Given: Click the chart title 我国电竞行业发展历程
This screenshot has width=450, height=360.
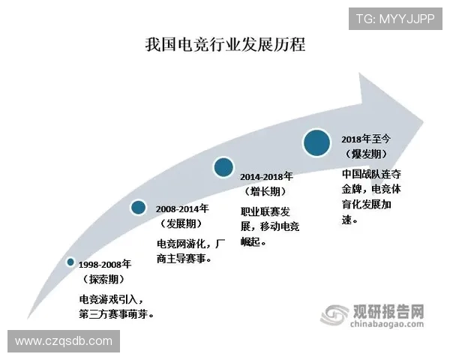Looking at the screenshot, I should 225,44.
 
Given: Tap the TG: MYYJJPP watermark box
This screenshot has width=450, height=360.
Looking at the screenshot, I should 394,18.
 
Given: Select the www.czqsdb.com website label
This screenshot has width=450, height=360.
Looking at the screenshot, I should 63,341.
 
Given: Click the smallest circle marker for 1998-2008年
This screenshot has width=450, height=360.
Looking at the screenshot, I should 70,262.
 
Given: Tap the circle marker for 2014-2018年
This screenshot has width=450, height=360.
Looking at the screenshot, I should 223,166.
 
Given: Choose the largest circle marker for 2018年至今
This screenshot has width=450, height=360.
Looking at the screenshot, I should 316,142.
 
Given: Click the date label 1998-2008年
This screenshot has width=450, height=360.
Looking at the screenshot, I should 105,264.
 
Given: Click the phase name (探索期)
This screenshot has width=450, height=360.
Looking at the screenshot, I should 104,279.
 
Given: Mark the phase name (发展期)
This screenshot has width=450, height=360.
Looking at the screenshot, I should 183,224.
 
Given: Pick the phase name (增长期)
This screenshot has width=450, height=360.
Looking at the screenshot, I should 267,191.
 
